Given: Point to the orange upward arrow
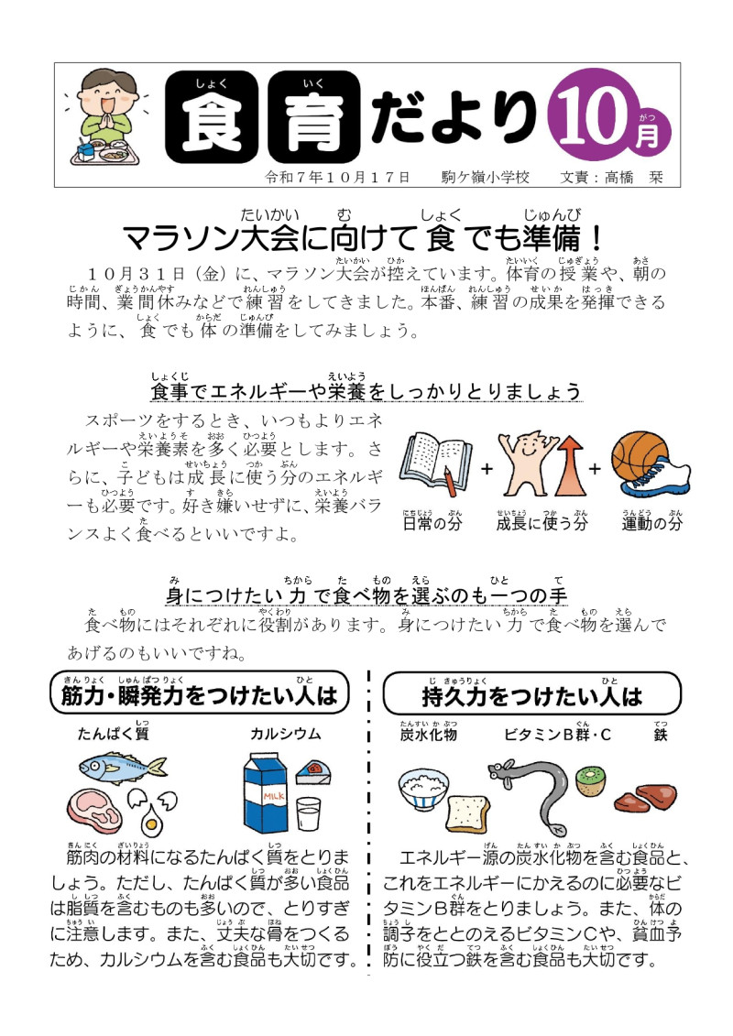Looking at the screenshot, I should click(566, 471).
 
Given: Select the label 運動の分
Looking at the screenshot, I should click(652, 525).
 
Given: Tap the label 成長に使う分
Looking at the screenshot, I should click(541, 525).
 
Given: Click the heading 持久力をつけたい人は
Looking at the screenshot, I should click(531, 697).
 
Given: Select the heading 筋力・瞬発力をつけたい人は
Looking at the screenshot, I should click(200, 697).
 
